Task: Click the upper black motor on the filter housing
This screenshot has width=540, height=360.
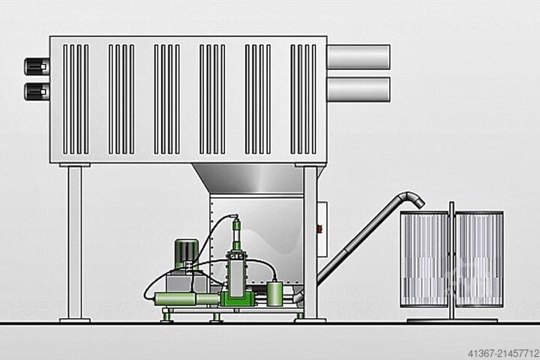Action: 37,66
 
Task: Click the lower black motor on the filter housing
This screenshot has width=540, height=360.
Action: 37,91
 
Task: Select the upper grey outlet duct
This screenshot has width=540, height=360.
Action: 358,57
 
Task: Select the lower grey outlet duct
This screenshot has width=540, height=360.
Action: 358,89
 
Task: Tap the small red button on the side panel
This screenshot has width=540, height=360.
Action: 319,228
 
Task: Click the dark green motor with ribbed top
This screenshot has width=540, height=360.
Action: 187,254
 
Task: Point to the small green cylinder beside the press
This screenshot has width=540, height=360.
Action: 274,293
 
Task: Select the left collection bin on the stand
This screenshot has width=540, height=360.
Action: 424,259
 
